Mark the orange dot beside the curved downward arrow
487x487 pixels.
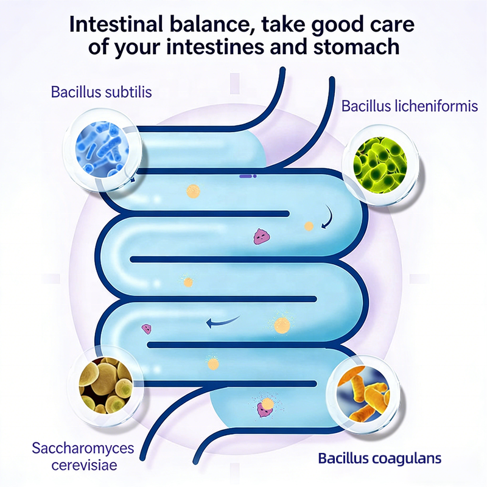point(309,226)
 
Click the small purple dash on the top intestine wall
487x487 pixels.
point(247,176)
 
